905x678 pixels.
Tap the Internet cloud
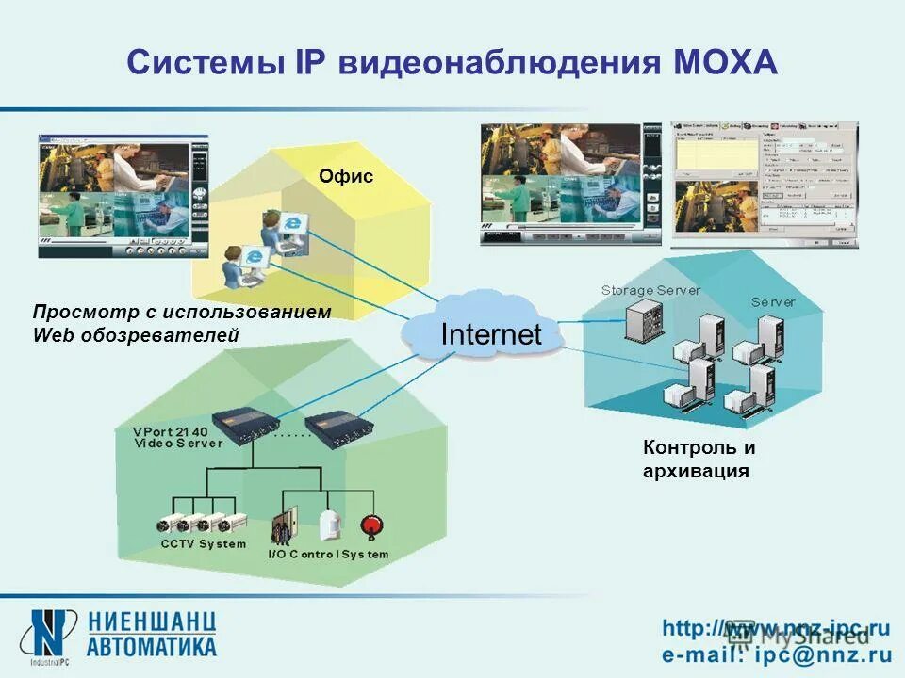click(x=490, y=334)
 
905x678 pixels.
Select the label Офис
click(x=345, y=176)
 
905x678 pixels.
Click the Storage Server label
click(x=650, y=290)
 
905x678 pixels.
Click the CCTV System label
click(x=203, y=544)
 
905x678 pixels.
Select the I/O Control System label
click(x=328, y=555)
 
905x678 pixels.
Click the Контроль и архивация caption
click(x=698, y=459)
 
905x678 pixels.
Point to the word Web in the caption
click(x=49, y=335)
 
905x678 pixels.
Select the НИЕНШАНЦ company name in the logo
click(x=153, y=622)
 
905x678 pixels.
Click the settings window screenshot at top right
click(x=764, y=184)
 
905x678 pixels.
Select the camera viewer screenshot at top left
click(x=123, y=196)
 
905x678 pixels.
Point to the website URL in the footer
click(x=775, y=627)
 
